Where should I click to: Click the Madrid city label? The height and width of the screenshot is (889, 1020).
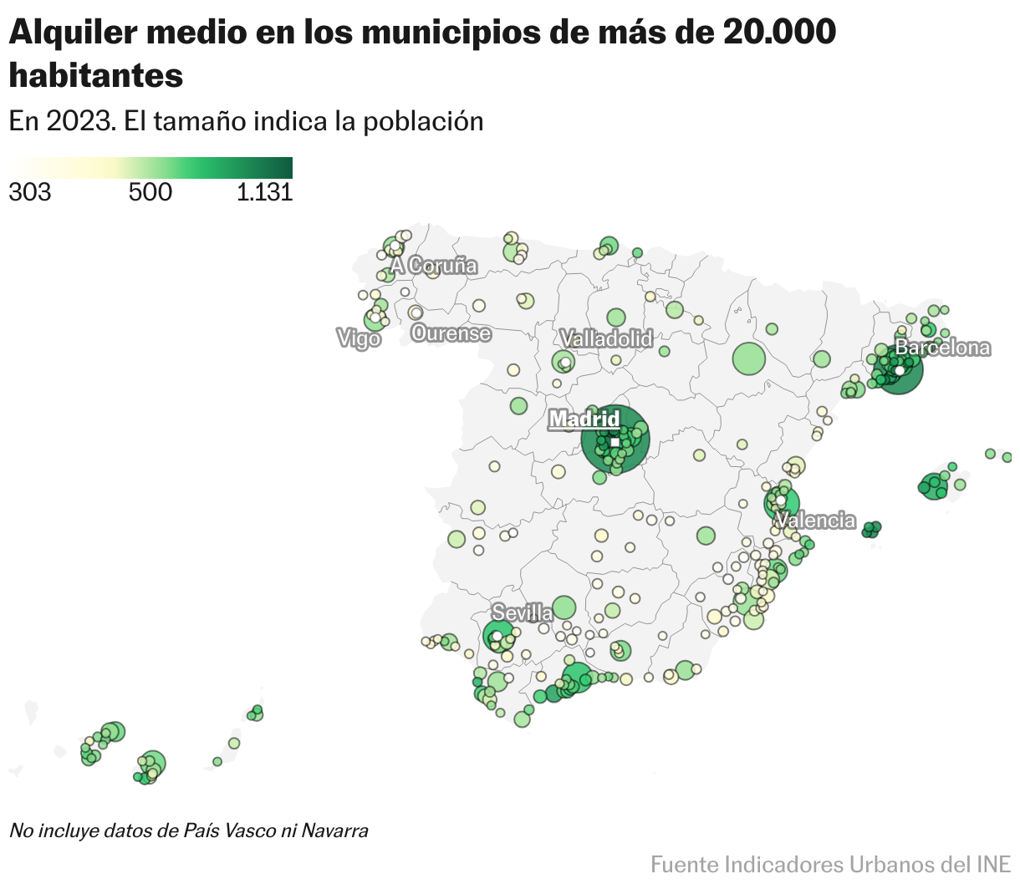(584, 419)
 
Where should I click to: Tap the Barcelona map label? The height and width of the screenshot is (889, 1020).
(942, 348)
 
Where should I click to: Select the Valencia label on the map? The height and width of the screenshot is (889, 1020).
(815, 521)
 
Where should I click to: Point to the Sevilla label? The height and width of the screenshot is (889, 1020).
(522, 612)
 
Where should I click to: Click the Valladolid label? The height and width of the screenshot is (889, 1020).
(606, 338)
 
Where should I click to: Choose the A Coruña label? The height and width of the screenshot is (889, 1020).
(434, 266)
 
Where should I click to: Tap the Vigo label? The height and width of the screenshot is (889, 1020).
(359, 338)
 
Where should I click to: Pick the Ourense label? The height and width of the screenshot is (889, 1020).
(451, 333)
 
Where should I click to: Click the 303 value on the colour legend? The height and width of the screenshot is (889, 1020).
(29, 193)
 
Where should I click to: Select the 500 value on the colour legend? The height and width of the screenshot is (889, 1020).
(150, 193)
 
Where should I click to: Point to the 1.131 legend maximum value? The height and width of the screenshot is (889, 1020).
(264, 193)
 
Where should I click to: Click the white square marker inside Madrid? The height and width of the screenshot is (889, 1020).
(615, 442)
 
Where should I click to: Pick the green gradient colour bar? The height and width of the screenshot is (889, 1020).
(150, 167)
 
